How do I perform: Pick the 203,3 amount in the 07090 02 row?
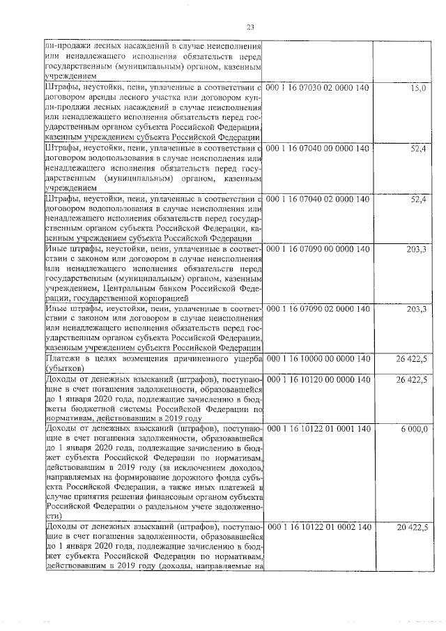(416, 309)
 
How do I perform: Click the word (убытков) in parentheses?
(66, 368)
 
